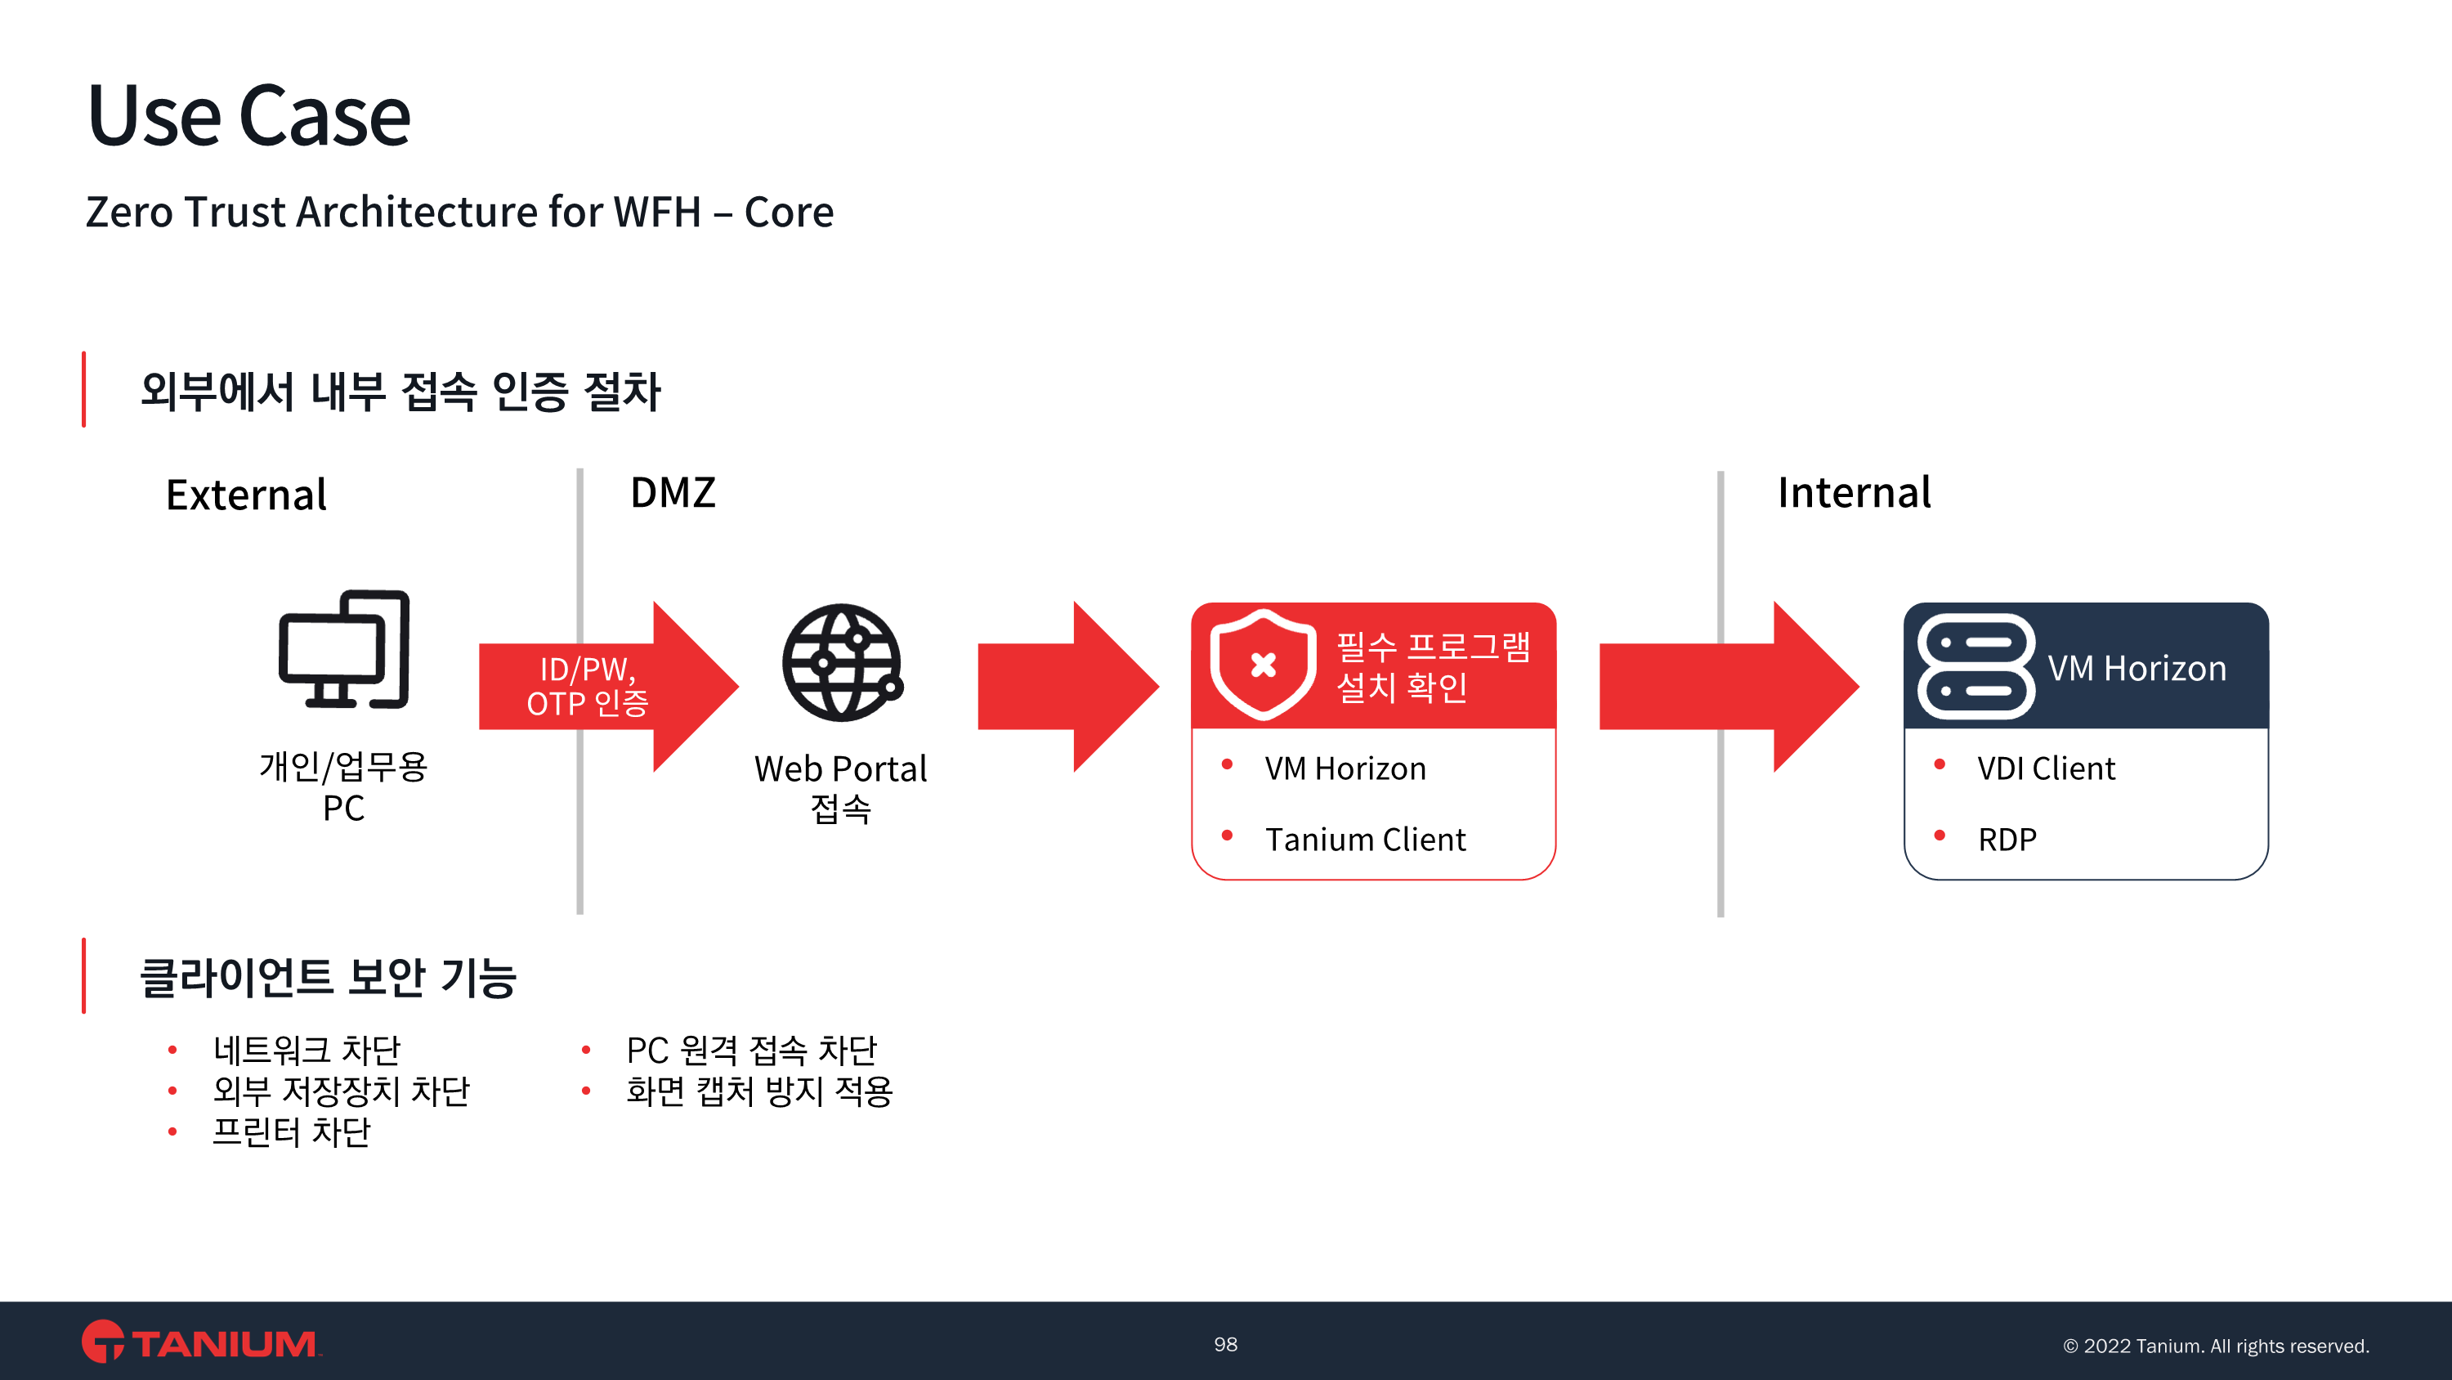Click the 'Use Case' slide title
click(x=248, y=116)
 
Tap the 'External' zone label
click(x=245, y=495)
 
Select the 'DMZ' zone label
click(x=672, y=492)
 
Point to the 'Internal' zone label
click(x=1853, y=492)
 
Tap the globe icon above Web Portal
click(x=842, y=663)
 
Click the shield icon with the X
click(x=1262, y=664)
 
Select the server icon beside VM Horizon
click(x=1975, y=665)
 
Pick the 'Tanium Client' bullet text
click(x=1364, y=839)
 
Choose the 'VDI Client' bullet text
click(x=2046, y=768)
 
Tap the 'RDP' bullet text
click(x=2007, y=839)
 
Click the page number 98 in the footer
click(x=1225, y=1344)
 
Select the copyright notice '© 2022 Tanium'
click(x=2215, y=1346)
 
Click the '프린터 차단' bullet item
click(x=291, y=1131)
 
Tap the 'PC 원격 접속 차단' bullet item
click(x=751, y=1050)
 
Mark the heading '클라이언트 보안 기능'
click(x=328, y=977)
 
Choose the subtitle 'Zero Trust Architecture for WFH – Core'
click(x=459, y=212)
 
